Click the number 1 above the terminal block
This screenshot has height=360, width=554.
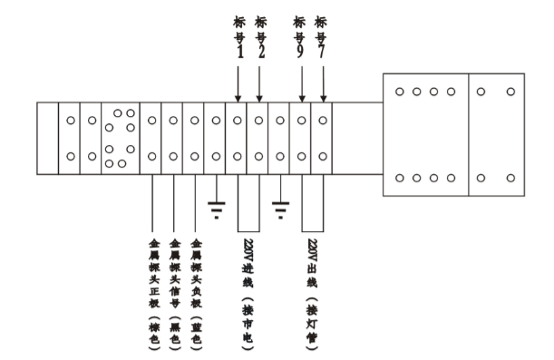pyautogui.click(x=240, y=52)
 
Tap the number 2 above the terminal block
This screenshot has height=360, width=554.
pyautogui.click(x=261, y=52)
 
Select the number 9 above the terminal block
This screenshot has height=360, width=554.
pyautogui.click(x=299, y=52)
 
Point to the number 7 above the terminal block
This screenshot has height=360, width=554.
pyautogui.click(x=321, y=52)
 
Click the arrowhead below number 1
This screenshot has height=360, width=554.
pyautogui.click(x=238, y=99)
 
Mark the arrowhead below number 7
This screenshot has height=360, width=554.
pyautogui.click(x=324, y=99)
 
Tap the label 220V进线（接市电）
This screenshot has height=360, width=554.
pyautogui.click(x=248, y=295)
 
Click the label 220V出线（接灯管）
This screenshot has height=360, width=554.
pyautogui.click(x=312, y=295)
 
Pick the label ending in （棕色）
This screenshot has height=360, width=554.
pyautogui.click(x=154, y=295)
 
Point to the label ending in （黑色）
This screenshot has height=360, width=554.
pyautogui.click(x=175, y=295)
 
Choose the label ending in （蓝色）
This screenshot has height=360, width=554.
pyautogui.click(x=196, y=295)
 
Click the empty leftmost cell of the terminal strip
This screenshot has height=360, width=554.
pyautogui.click(x=48, y=139)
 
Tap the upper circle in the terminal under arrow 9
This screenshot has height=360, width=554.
pyautogui.click(x=301, y=121)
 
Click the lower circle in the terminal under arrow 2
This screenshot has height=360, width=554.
pyautogui.click(x=258, y=156)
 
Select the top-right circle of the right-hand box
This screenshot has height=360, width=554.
pyautogui.click(x=510, y=92)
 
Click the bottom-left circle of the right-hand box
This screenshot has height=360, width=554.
pyautogui.click(x=400, y=178)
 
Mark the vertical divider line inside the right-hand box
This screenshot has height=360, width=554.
pyautogui.click(x=469, y=134)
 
